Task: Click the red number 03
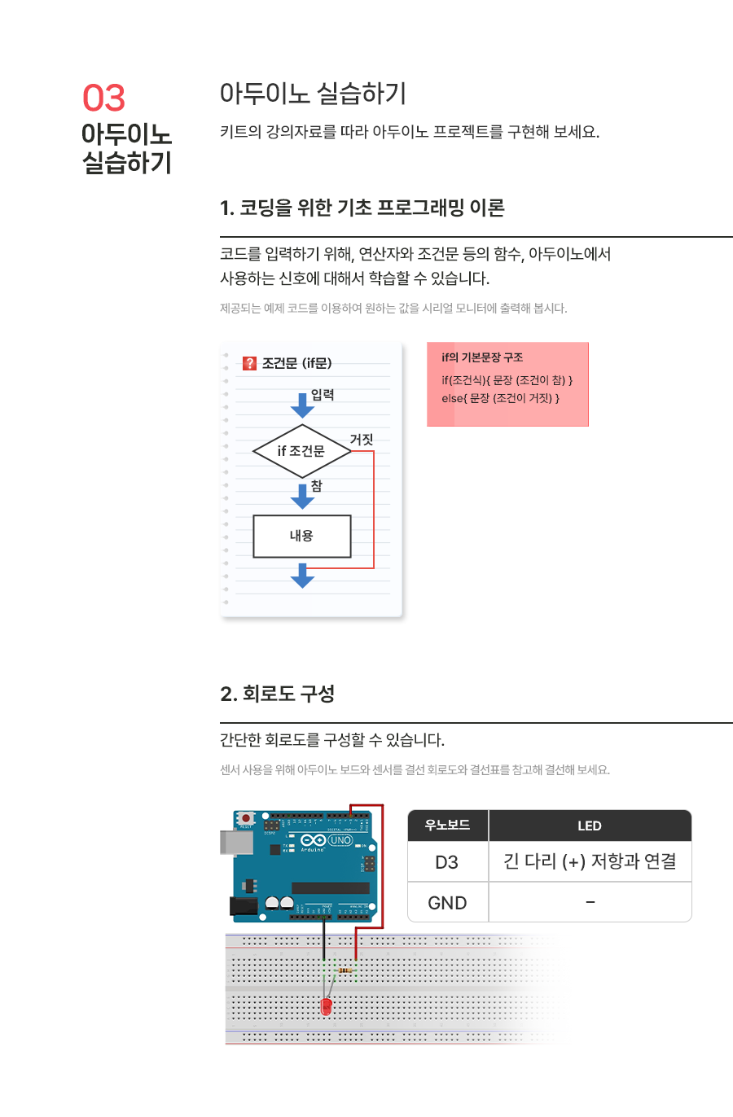tap(103, 99)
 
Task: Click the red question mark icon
tap(250, 363)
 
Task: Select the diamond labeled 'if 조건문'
tap(301, 451)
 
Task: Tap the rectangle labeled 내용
tap(301, 536)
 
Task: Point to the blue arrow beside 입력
tap(302, 405)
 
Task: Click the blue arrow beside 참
tap(302, 496)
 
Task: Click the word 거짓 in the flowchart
tap(361, 440)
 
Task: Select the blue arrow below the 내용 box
tap(302, 576)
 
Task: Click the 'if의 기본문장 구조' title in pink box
tap(482, 357)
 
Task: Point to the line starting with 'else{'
tap(500, 398)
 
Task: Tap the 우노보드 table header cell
tap(447, 826)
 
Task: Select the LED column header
tap(590, 826)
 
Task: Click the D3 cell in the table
tap(447, 862)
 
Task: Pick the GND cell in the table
tap(447, 903)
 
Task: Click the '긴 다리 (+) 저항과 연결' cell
tap(590, 861)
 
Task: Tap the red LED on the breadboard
tap(327, 1006)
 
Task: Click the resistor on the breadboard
tap(345, 970)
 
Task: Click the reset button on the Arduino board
tap(245, 818)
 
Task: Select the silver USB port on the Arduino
tap(235, 843)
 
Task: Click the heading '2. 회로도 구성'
tap(277, 694)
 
